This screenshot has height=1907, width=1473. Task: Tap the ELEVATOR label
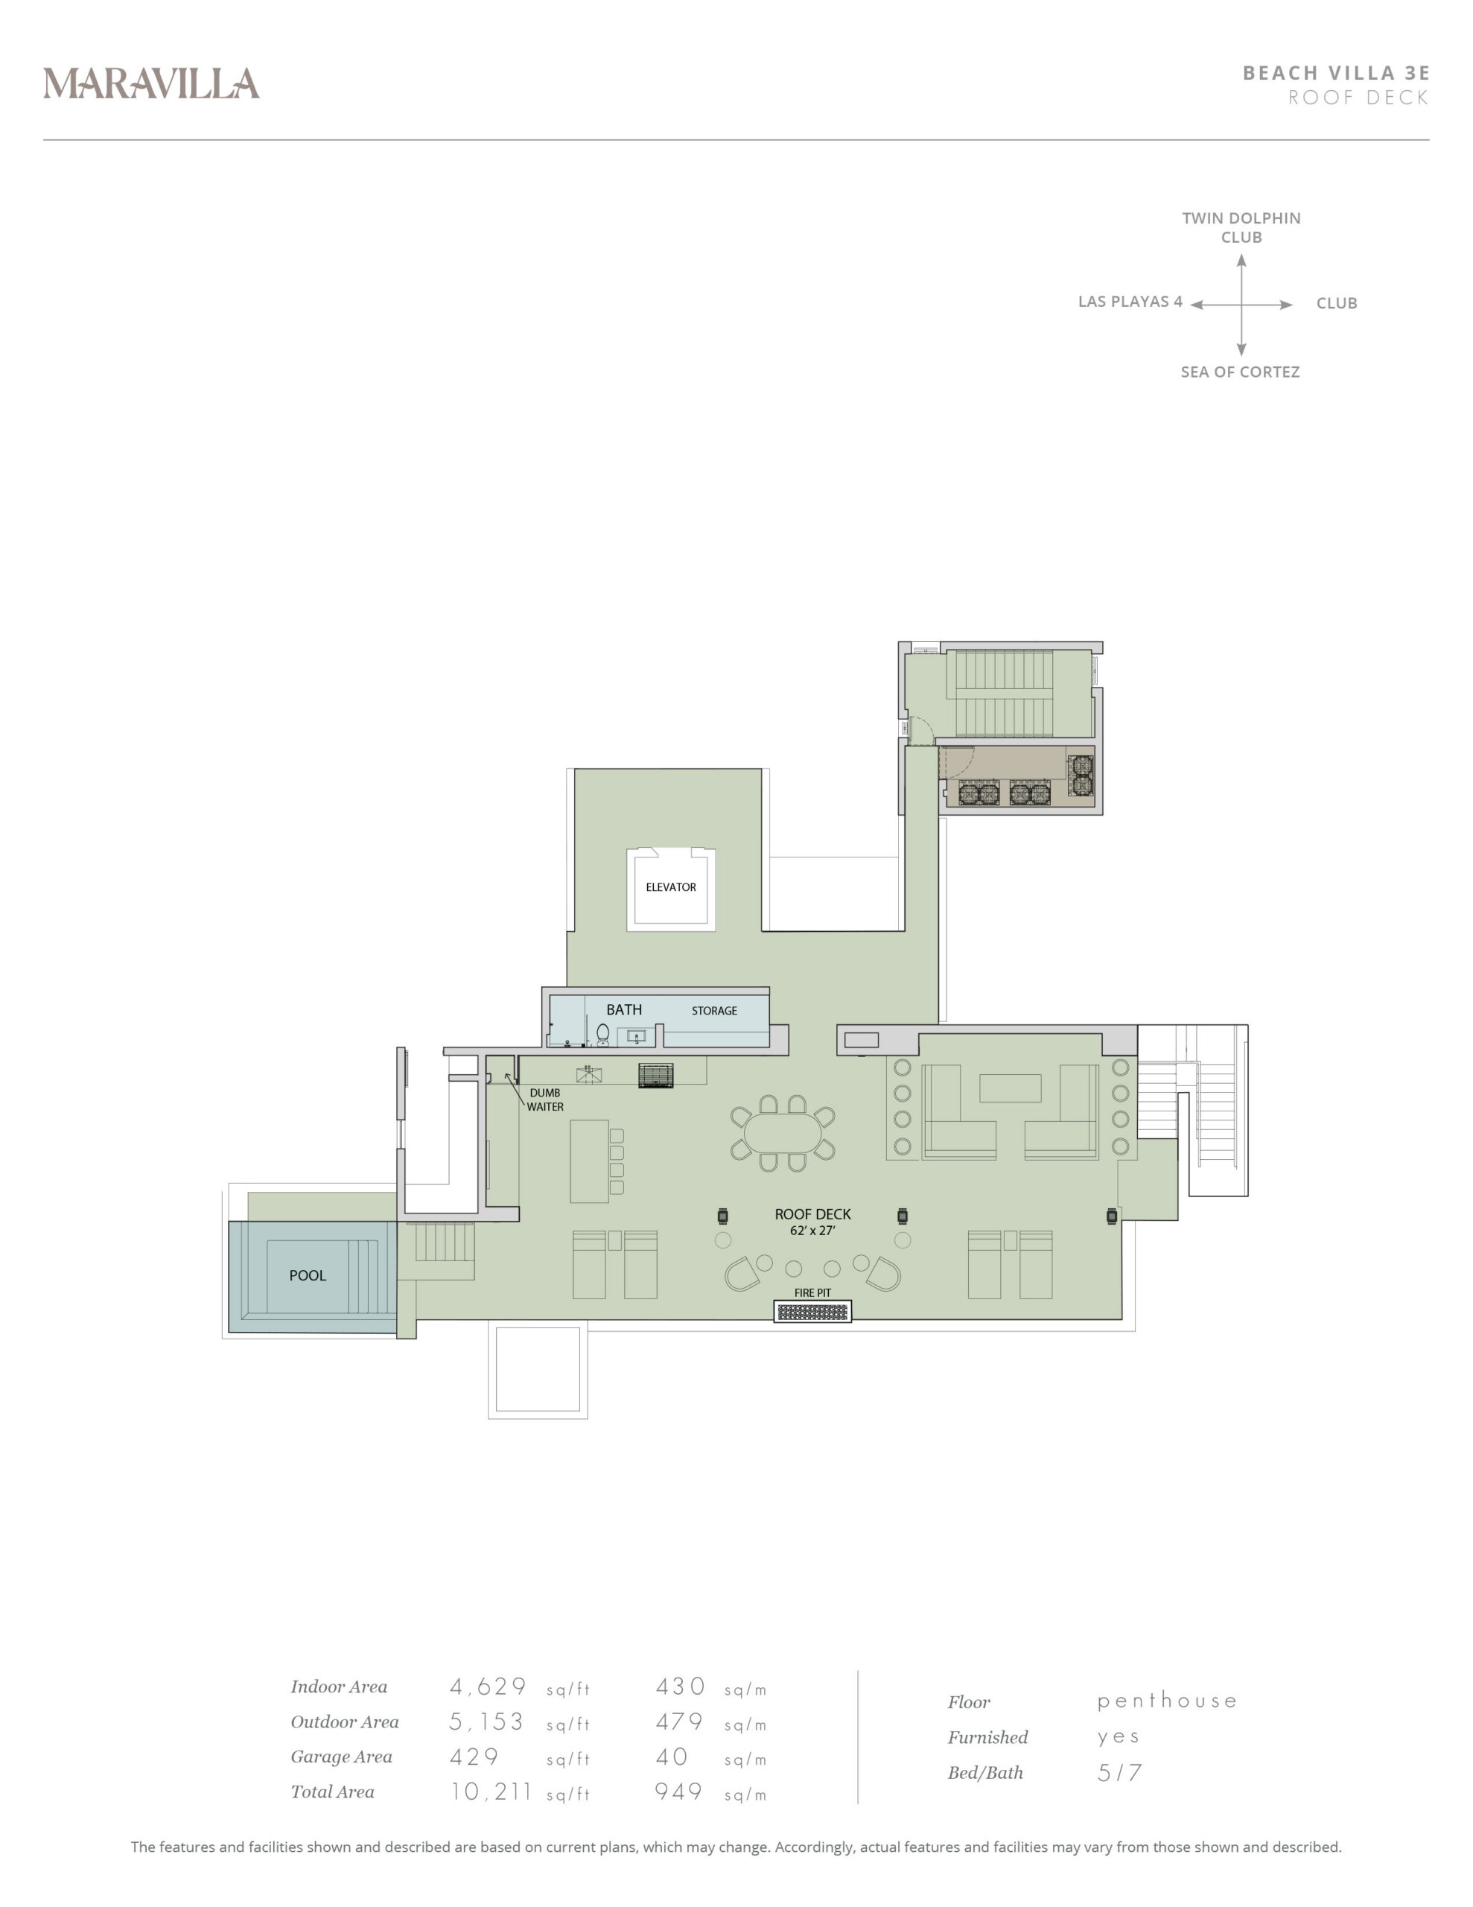[670, 887]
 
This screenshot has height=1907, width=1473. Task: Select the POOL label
[308, 1276]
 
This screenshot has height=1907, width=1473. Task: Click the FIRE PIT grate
[812, 1312]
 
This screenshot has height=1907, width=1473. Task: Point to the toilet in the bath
[602, 1035]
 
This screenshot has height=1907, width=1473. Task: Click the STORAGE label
[714, 1011]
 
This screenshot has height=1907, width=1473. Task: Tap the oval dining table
[783, 1133]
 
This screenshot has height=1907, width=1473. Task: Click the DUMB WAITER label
[545, 1100]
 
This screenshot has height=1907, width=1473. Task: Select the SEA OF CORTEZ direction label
[1240, 372]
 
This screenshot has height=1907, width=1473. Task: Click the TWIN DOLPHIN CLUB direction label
[1241, 227]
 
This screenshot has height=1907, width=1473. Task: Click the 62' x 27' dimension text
[812, 1231]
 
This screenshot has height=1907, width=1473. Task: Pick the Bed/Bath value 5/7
[1119, 1772]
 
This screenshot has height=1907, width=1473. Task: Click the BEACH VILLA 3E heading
[1336, 72]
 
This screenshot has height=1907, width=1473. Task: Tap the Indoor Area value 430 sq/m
[710, 1687]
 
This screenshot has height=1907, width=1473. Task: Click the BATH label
[624, 1009]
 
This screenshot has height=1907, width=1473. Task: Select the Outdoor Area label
[345, 1722]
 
